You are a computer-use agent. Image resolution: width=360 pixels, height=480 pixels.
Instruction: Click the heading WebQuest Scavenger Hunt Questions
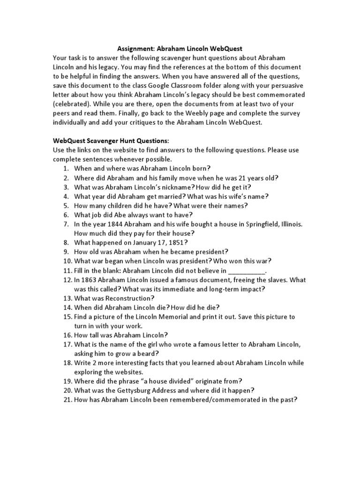(110, 141)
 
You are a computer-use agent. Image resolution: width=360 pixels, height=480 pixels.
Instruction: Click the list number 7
(66, 224)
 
